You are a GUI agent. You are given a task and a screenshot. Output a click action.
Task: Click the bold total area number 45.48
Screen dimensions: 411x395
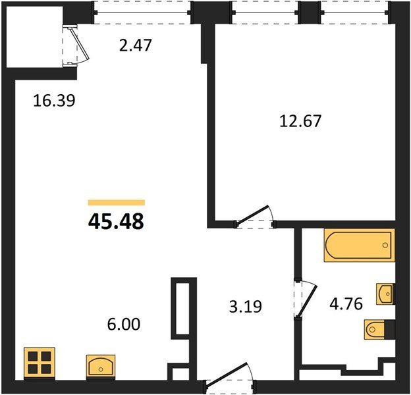click(x=116, y=221)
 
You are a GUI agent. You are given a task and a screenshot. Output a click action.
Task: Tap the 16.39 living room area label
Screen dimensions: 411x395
click(x=54, y=101)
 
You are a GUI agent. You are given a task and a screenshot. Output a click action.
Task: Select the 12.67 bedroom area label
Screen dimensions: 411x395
click(x=300, y=121)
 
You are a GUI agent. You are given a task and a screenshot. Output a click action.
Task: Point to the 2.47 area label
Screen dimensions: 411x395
click(x=135, y=45)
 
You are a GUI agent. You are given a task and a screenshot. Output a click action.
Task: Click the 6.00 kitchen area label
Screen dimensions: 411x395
click(x=124, y=324)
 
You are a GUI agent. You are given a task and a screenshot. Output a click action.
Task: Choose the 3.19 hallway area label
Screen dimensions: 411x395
click(x=246, y=307)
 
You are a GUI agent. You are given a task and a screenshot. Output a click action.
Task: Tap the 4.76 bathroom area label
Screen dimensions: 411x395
click(x=346, y=304)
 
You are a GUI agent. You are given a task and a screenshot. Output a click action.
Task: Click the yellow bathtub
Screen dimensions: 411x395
click(x=360, y=245)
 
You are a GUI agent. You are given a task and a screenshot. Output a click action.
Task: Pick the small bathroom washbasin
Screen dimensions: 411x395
click(x=385, y=294)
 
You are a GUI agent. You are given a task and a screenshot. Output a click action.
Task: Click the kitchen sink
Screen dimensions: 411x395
click(x=101, y=367)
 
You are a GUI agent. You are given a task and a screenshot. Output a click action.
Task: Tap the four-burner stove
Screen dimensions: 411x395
click(x=40, y=363)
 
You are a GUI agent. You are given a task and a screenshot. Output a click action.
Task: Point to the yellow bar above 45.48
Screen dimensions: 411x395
click(x=117, y=203)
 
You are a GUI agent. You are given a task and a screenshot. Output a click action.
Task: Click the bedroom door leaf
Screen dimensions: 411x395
click(x=252, y=216)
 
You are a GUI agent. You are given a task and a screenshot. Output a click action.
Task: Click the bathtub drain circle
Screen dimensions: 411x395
click(x=385, y=245)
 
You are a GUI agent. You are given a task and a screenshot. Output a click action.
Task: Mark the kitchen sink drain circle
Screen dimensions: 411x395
click(x=101, y=369)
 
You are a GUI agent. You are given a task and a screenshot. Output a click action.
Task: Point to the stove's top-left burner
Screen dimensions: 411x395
click(x=33, y=357)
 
